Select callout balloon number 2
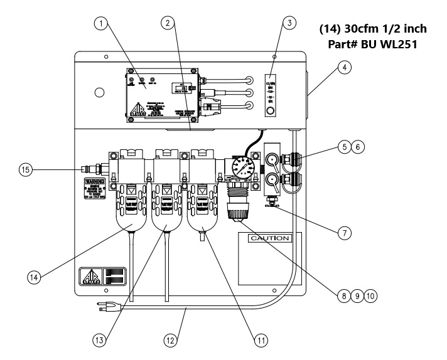(167, 24)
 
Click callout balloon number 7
(343, 232)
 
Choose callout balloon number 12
(169, 340)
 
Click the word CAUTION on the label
(269, 239)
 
